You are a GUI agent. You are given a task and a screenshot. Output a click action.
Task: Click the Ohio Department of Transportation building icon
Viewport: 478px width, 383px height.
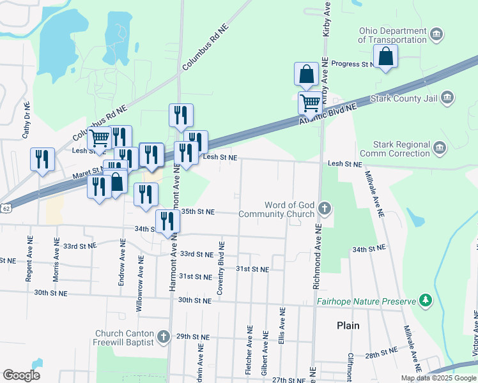(436, 34)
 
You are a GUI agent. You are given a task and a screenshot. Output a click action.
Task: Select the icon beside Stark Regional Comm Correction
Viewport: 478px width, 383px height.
(440, 149)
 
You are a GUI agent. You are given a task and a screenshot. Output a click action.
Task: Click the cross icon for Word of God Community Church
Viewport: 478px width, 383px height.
(325, 209)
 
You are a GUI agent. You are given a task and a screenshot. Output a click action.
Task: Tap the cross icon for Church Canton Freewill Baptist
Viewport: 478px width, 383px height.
(163, 336)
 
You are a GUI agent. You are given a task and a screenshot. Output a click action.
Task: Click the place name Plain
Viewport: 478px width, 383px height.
(348, 326)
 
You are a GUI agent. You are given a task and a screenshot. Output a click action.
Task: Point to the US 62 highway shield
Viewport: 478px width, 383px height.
(6, 209)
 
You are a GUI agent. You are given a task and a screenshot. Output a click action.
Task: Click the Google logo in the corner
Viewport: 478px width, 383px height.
(21, 375)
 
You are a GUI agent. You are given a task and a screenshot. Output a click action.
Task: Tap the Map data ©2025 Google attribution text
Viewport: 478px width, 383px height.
(438, 378)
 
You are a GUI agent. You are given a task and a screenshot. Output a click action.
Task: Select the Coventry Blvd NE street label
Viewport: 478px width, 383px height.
(220, 267)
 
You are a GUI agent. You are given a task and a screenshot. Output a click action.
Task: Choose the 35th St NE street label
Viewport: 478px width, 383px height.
(197, 211)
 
